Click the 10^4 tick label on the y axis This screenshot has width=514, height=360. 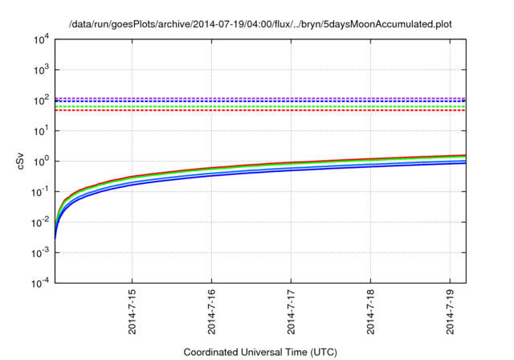point(40,39)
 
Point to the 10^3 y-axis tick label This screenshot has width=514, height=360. point(40,69)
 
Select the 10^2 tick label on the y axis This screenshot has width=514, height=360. point(40,100)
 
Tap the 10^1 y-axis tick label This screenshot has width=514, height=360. point(40,130)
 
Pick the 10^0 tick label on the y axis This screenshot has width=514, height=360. point(40,161)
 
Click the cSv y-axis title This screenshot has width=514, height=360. point(20,161)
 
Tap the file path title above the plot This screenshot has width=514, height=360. point(260,24)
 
